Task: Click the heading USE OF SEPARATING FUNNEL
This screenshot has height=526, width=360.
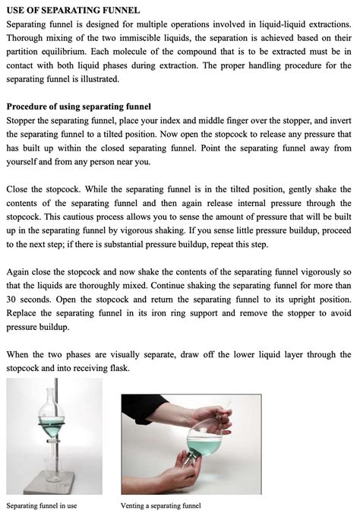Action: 73,11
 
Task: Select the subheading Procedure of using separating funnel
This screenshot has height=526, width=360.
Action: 79,106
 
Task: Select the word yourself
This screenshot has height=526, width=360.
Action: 25,161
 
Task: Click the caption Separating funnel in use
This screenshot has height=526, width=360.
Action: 42,505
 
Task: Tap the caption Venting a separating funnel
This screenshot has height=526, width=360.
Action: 160,505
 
